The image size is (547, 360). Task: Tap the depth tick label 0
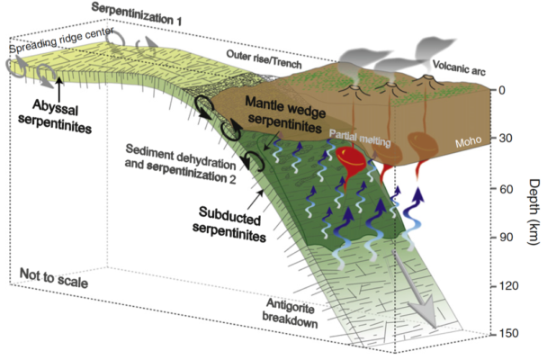(x=504, y=90)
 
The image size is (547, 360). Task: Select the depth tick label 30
(x=506, y=139)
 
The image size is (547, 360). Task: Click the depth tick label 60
(x=506, y=188)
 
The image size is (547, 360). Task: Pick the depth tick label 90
(x=506, y=238)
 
